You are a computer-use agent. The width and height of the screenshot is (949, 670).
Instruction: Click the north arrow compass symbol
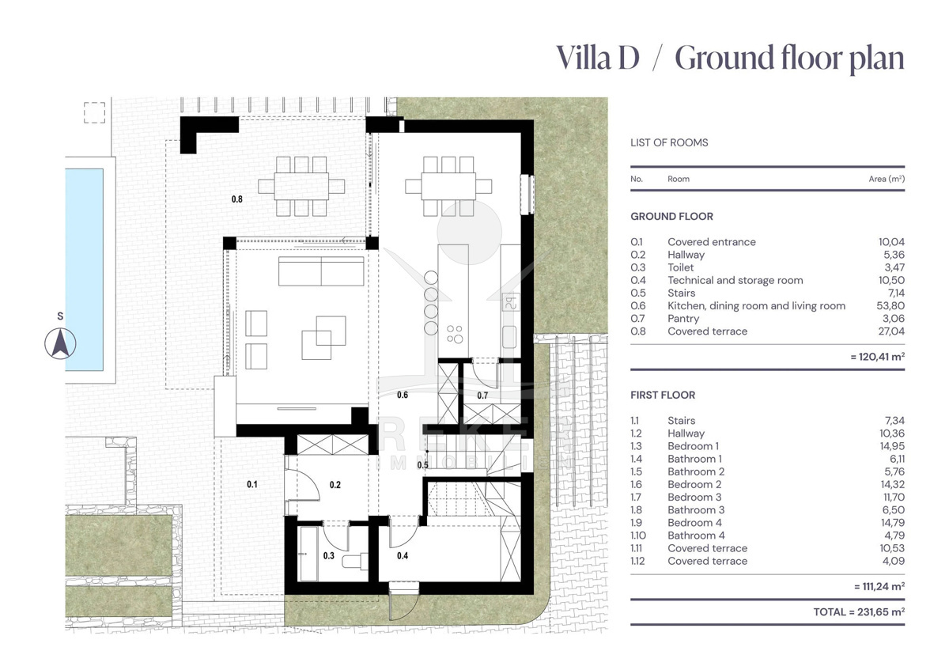tap(61, 343)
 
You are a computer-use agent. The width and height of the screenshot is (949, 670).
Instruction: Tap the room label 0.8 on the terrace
tap(236, 199)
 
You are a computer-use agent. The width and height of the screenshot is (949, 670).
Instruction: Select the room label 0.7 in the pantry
tap(482, 396)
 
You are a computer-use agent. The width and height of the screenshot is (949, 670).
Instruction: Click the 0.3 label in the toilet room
tap(329, 555)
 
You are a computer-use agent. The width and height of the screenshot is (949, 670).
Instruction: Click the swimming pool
tap(85, 270)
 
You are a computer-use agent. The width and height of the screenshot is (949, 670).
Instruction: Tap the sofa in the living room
tap(321, 271)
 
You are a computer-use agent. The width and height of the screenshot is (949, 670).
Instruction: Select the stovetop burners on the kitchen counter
tap(455, 334)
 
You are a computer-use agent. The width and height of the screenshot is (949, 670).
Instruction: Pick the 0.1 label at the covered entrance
tap(252, 484)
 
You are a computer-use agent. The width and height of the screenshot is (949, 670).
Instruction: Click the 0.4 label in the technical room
tap(403, 555)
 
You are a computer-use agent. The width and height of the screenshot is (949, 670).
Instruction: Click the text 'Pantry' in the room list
tap(683, 319)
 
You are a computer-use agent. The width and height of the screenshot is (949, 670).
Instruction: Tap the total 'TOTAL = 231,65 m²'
tap(859, 612)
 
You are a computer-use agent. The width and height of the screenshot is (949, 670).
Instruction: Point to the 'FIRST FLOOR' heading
tap(663, 395)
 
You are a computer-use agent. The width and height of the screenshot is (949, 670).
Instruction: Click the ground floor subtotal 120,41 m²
tap(877, 357)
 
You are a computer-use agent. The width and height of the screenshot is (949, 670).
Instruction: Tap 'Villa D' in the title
tap(597, 58)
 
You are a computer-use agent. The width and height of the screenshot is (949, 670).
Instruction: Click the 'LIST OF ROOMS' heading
tap(669, 142)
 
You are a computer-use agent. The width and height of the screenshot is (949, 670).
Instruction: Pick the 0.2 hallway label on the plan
tap(335, 484)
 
